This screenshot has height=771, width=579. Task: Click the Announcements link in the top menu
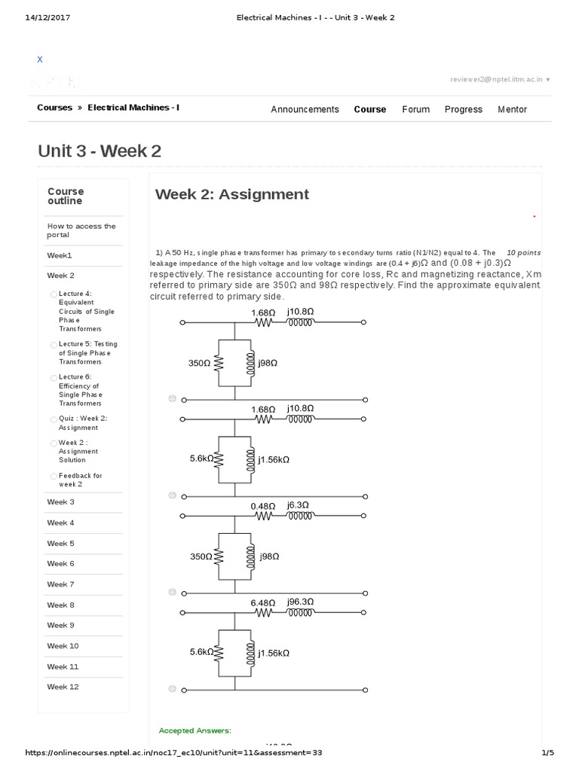[305, 109]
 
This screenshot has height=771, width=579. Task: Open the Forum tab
[415, 109]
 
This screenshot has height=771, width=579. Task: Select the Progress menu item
[463, 109]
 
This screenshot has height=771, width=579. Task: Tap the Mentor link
[512, 109]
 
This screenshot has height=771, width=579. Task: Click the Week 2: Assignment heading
[231, 194]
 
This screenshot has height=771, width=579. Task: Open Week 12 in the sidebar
[63, 687]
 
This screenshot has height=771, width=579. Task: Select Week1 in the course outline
[60, 255]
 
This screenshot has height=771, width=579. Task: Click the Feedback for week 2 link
[80, 480]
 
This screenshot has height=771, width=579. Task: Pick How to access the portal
[81, 230]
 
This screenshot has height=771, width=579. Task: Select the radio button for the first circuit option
[173, 398]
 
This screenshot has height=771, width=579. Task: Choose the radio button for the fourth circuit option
[173, 687]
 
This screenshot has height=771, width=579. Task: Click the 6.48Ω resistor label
[264, 602]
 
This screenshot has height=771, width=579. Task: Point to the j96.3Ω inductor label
[300, 602]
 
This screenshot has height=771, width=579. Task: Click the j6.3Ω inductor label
[298, 506]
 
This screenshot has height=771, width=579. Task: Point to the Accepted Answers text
[195, 730]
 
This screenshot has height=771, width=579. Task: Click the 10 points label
[523, 252]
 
